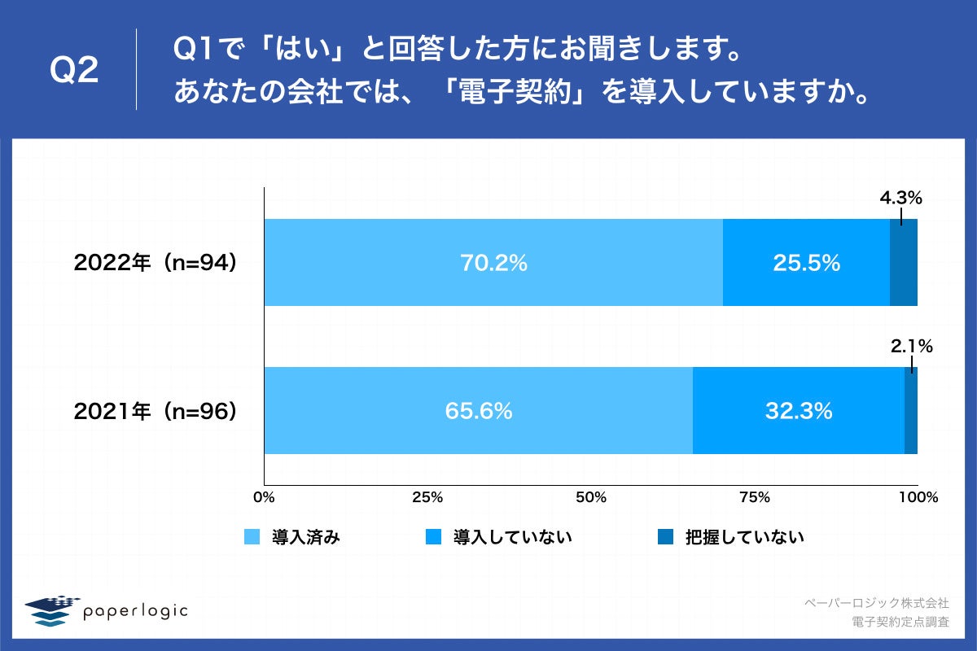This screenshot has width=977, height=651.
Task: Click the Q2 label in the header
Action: pyautogui.click(x=74, y=71)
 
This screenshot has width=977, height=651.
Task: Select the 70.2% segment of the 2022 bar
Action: pyautogui.click(x=493, y=263)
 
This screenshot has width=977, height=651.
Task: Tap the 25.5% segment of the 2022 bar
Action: pyautogui.click(x=806, y=263)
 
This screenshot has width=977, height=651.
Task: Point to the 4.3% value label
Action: pyautogui.click(x=900, y=198)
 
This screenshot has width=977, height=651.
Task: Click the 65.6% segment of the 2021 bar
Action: pyautogui.click(x=479, y=411)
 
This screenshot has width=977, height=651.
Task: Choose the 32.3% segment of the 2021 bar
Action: pyautogui.click(x=798, y=411)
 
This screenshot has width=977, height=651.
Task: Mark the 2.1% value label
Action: pyautogui.click(x=911, y=346)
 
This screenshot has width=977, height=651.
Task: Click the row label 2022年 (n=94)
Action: pyautogui.click(x=155, y=263)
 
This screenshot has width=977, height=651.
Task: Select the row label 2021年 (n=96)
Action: pyautogui.click(x=155, y=412)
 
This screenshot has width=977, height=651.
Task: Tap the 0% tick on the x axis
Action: pyautogui.click(x=264, y=497)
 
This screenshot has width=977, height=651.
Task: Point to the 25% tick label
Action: pyautogui.click(x=427, y=497)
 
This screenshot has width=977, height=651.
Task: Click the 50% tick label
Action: pyautogui.click(x=591, y=497)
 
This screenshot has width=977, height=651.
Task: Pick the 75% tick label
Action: pyautogui.click(x=754, y=497)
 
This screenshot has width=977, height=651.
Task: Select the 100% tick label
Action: pyautogui.click(x=918, y=497)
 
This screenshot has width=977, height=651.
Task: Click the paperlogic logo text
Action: pyautogui.click(x=135, y=610)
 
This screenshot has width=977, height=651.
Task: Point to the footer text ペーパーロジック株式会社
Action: pyautogui.click(x=876, y=603)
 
